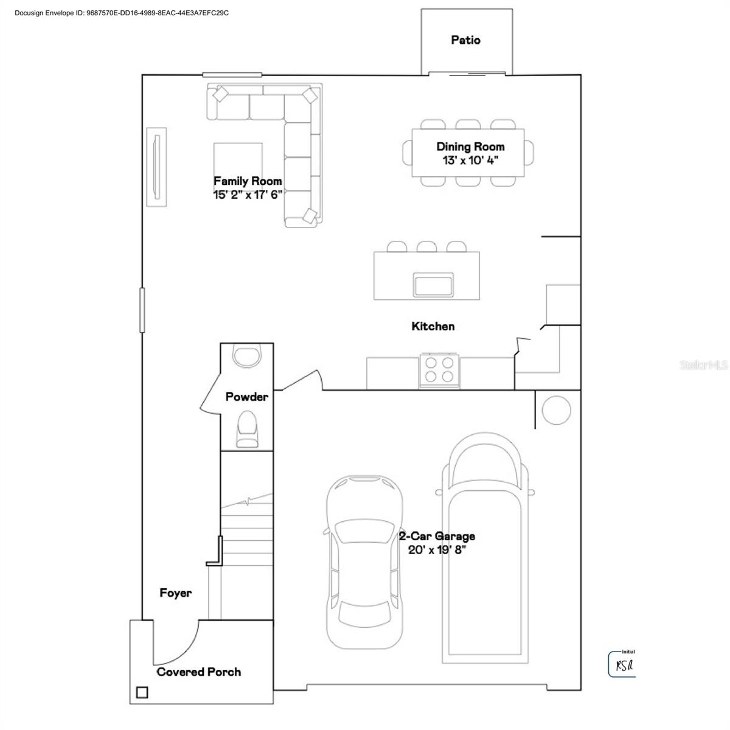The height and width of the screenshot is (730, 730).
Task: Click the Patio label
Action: pyautogui.click(x=465, y=40)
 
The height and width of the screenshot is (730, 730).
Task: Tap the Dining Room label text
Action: pyautogui.click(x=470, y=147)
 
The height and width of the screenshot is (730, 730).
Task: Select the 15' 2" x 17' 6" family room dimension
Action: pyautogui.click(x=248, y=195)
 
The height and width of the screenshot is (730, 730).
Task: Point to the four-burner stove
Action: pyautogui.click(x=439, y=369)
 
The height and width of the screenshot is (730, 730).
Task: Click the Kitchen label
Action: pyautogui.click(x=433, y=327)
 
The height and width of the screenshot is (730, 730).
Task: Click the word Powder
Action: pyautogui.click(x=247, y=397)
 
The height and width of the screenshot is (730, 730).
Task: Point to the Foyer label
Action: pyautogui.click(x=176, y=593)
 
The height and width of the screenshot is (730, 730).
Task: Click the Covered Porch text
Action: pyautogui.click(x=199, y=672)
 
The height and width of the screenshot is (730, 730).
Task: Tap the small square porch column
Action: pyautogui.click(x=142, y=692)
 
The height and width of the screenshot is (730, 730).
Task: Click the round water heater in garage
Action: pyautogui.click(x=556, y=411)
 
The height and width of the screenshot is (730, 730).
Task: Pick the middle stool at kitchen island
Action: pyautogui.click(x=426, y=246)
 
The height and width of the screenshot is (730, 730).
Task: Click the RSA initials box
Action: pyautogui.click(x=622, y=665)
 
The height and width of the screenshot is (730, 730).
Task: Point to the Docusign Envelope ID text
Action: pyautogui.click(x=122, y=13)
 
